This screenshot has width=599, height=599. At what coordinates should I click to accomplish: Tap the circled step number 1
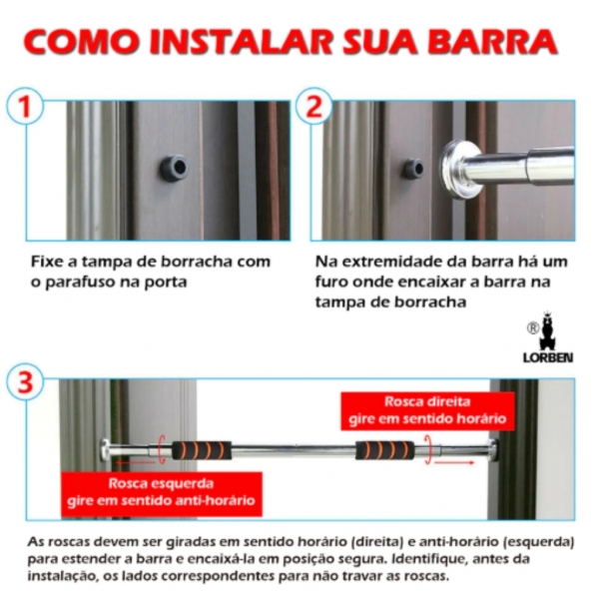[x=25, y=106]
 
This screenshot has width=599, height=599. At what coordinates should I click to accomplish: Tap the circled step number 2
[x=314, y=106]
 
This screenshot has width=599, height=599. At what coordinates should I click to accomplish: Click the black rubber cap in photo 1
[x=175, y=167]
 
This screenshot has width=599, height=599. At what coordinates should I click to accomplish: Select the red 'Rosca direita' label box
[x=426, y=410]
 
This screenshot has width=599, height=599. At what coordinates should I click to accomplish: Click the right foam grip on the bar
[x=383, y=450]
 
